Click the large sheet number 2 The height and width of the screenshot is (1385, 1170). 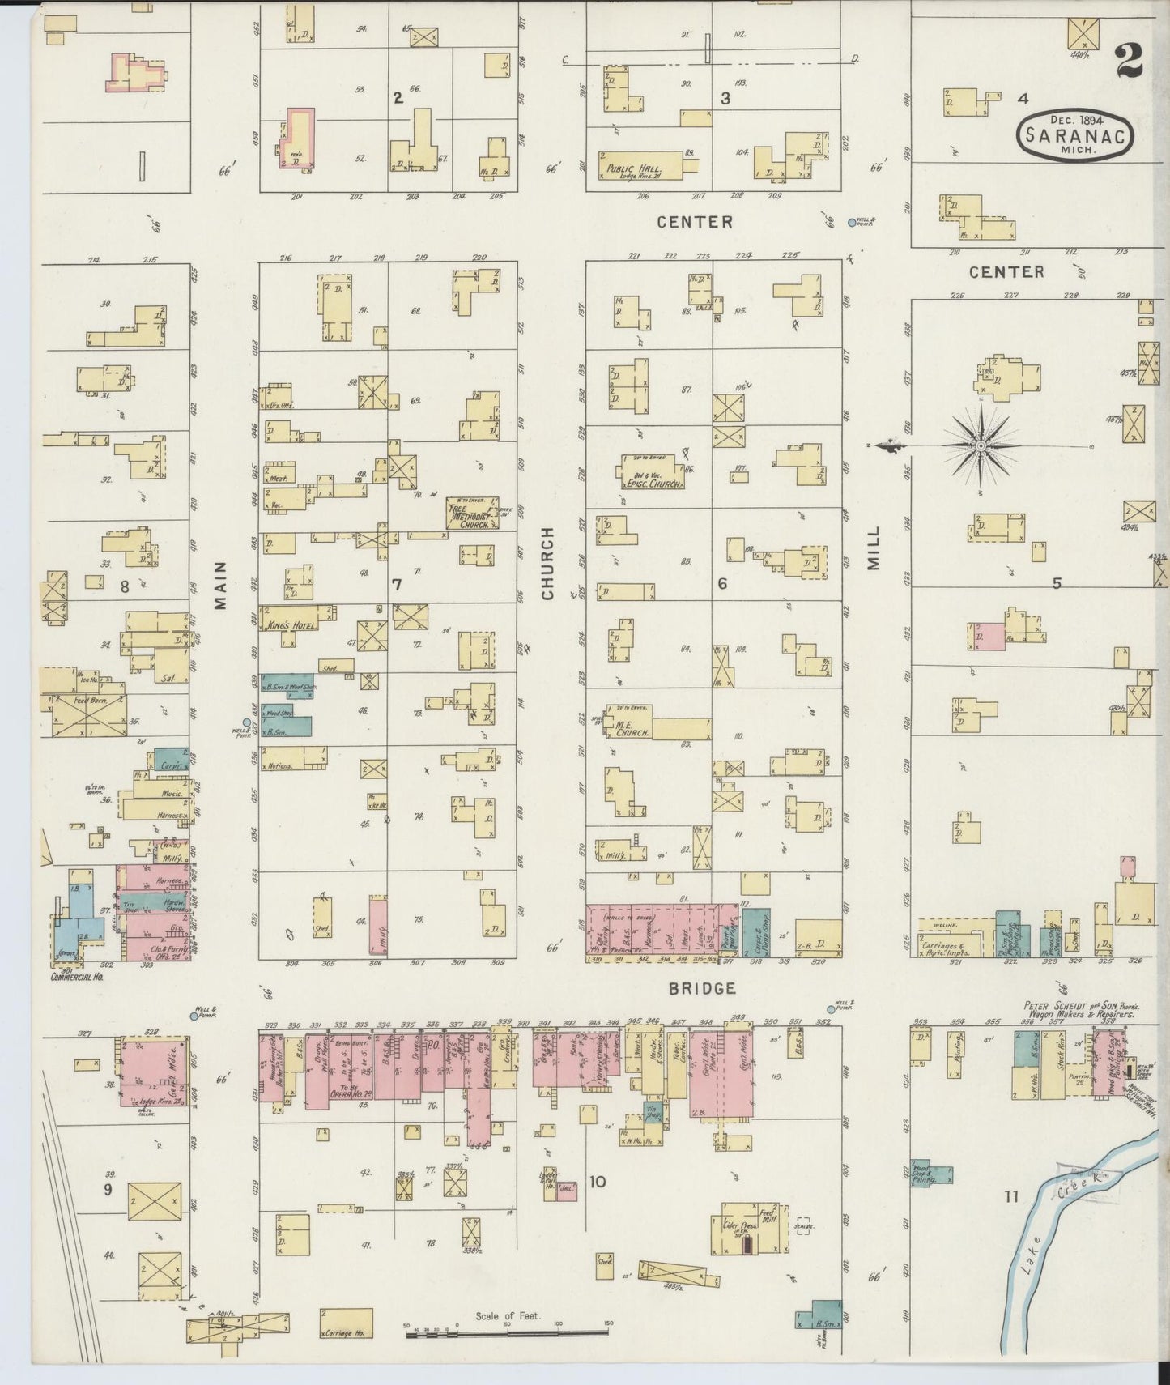point(1128,60)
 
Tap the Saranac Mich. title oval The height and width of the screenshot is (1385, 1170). point(1074,135)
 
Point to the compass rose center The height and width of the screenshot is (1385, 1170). point(981,445)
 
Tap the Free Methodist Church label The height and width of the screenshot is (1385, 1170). point(472,515)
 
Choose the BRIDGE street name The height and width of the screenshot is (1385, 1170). point(691,988)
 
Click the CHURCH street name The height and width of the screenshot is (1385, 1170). point(548,563)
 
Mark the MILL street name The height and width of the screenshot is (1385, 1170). point(874,548)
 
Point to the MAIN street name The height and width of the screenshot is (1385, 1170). point(221,585)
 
